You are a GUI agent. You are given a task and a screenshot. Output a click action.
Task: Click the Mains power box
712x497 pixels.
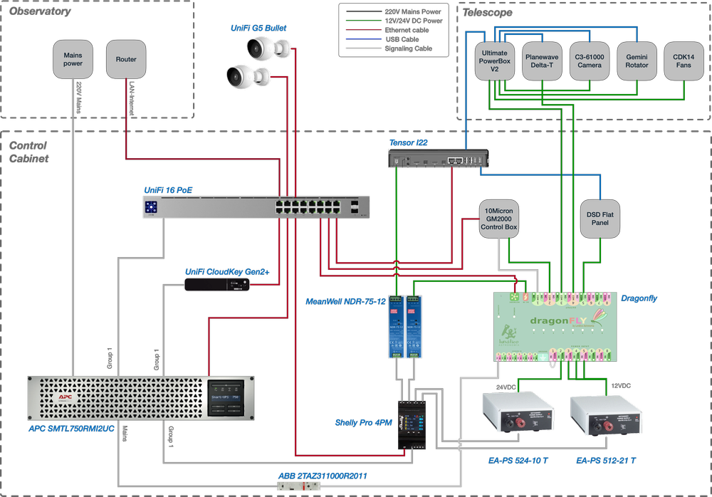73,59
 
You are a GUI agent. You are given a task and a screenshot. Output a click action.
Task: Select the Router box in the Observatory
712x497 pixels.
126,59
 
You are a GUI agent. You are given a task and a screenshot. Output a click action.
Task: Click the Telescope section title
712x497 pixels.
488,12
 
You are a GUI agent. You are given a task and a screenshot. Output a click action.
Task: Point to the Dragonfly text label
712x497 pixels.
639,299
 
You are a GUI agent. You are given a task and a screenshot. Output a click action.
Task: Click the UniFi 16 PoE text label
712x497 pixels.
169,190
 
